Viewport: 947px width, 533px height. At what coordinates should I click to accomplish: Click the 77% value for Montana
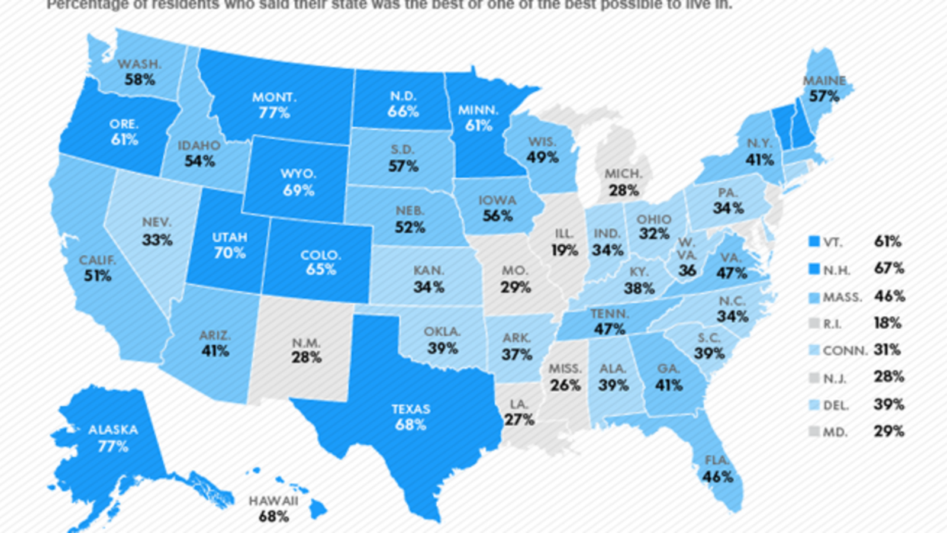(x=274, y=113)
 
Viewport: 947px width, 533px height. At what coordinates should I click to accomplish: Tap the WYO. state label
(x=298, y=174)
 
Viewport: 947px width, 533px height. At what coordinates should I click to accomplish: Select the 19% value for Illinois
(x=565, y=250)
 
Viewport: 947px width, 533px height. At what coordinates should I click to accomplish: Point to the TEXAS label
(x=411, y=409)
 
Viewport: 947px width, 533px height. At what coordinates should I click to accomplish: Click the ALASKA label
(x=113, y=430)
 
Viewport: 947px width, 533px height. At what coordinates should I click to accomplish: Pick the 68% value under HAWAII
(x=273, y=516)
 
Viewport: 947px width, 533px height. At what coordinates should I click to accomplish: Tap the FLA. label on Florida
(x=717, y=461)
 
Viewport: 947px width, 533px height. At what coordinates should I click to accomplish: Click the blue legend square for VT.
(x=814, y=242)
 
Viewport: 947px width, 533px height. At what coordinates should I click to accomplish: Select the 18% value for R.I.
(x=888, y=323)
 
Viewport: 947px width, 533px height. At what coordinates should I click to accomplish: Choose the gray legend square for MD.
(x=814, y=432)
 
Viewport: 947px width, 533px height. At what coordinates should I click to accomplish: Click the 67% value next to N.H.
(x=889, y=268)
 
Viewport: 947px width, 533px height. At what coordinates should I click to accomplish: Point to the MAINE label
(x=824, y=81)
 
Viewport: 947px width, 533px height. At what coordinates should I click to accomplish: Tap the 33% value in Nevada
(x=157, y=240)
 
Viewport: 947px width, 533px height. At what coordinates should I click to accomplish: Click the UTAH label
(x=230, y=237)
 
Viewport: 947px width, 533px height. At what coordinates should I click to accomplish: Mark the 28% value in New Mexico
(x=307, y=358)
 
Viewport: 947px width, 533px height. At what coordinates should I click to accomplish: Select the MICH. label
(x=623, y=174)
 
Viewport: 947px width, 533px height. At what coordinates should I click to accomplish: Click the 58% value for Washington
(x=140, y=79)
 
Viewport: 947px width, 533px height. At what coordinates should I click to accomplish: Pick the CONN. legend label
(x=845, y=351)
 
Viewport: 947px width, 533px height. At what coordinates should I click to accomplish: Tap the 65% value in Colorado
(x=321, y=269)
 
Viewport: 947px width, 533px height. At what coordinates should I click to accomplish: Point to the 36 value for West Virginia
(x=687, y=271)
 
